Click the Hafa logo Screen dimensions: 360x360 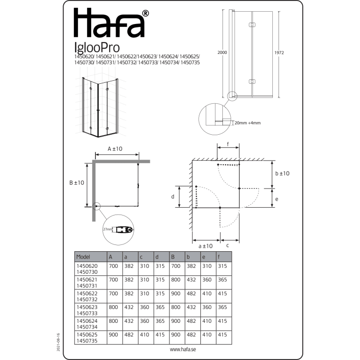[111, 23]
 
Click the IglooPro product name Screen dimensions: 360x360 [97, 48]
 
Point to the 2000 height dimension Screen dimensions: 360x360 [222, 52]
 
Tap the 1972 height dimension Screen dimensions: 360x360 [279, 53]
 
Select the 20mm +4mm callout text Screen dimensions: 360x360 [247, 123]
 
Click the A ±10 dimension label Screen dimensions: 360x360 [115, 149]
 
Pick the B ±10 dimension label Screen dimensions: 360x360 [77, 183]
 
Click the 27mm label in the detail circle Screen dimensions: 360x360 [107, 229]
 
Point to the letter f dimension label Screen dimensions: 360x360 [228, 144]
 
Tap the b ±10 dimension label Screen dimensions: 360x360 [283, 173]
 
